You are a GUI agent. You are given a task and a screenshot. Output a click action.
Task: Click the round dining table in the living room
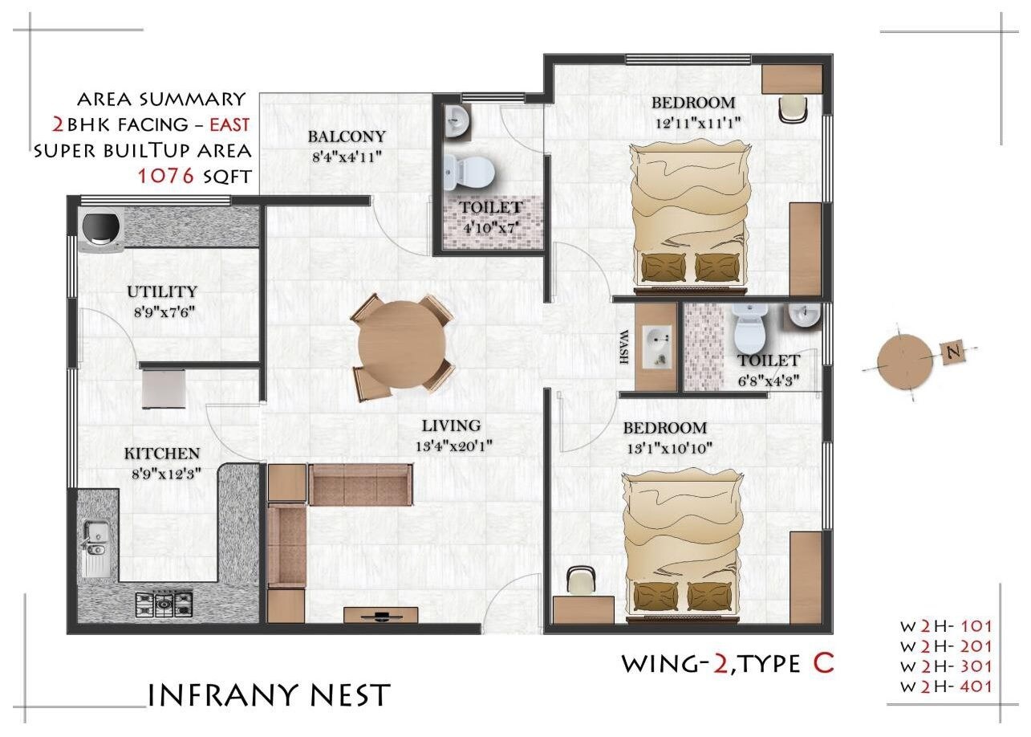pyautogui.click(x=402, y=347)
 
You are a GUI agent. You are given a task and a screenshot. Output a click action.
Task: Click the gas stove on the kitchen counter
pyautogui.click(x=164, y=601)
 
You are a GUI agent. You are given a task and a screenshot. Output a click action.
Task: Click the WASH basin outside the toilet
pyautogui.click(x=657, y=347)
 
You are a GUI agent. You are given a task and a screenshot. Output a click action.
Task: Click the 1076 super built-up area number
pyautogui.click(x=167, y=177)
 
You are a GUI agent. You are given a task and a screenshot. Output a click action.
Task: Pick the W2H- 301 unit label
pyautogui.click(x=946, y=666)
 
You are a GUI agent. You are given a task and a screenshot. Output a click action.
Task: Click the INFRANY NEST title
pyautogui.click(x=270, y=695)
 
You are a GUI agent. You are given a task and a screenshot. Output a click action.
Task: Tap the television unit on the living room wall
pyautogui.click(x=381, y=616)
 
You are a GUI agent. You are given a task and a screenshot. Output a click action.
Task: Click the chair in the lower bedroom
pyautogui.click(x=580, y=580)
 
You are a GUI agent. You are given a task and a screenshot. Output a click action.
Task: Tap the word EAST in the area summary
pyautogui.click(x=229, y=124)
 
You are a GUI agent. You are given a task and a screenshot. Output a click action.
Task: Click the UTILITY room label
pyautogui.click(x=161, y=291)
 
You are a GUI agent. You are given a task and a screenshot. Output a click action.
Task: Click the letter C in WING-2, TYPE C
pyautogui.click(x=822, y=663)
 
